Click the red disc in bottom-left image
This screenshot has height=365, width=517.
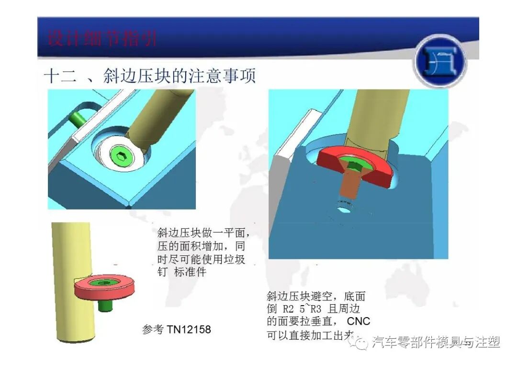click(x=104, y=287)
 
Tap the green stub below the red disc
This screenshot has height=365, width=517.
click(x=105, y=305)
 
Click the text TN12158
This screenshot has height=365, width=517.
click(x=189, y=330)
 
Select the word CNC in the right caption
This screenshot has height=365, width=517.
click(x=359, y=321)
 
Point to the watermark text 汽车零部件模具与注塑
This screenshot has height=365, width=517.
click(x=436, y=343)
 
